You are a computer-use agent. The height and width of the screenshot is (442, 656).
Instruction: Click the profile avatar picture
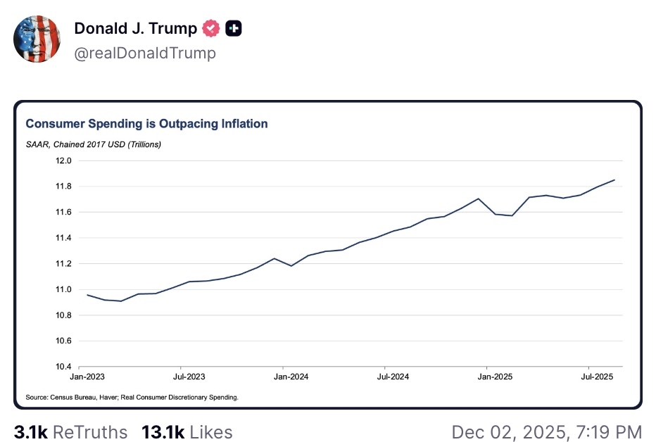pyautogui.click(x=37, y=38)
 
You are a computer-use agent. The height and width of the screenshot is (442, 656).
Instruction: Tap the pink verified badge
pyautogui.click(x=210, y=29)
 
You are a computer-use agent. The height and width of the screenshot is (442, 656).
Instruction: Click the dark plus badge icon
pyautogui.click(x=234, y=29)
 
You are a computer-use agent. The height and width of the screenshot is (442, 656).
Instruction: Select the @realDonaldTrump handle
pyautogui.click(x=145, y=53)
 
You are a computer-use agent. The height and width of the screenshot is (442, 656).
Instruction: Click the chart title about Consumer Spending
pyautogui.click(x=146, y=124)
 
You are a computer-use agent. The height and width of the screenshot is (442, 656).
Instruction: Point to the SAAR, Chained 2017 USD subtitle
pyautogui.click(x=94, y=145)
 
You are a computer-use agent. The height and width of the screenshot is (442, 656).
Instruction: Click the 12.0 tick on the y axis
pyautogui.click(x=64, y=160)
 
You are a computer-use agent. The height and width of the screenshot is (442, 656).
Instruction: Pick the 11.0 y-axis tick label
pyautogui.click(x=64, y=289)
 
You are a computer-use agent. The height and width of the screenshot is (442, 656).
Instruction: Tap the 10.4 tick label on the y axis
pyautogui.click(x=64, y=367)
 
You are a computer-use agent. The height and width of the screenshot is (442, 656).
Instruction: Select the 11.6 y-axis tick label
pyautogui.click(x=64, y=212)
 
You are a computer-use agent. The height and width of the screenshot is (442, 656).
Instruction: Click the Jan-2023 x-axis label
pyautogui.click(x=80, y=377)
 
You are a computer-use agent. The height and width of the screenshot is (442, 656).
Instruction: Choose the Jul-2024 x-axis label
pyautogui.click(x=386, y=377)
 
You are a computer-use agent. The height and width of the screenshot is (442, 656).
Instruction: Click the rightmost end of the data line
pyautogui.click(x=614, y=180)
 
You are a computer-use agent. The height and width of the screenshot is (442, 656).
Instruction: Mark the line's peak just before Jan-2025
pyautogui.click(x=479, y=198)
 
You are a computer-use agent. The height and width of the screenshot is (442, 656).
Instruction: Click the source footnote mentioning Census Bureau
pyautogui.click(x=132, y=397)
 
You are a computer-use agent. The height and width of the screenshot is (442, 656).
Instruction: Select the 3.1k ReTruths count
pyautogui.click(x=71, y=431)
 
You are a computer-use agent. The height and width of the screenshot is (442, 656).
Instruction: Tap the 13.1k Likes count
pyautogui.click(x=187, y=431)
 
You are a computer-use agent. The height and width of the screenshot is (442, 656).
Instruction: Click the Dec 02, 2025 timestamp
pyautogui.click(x=546, y=431)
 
